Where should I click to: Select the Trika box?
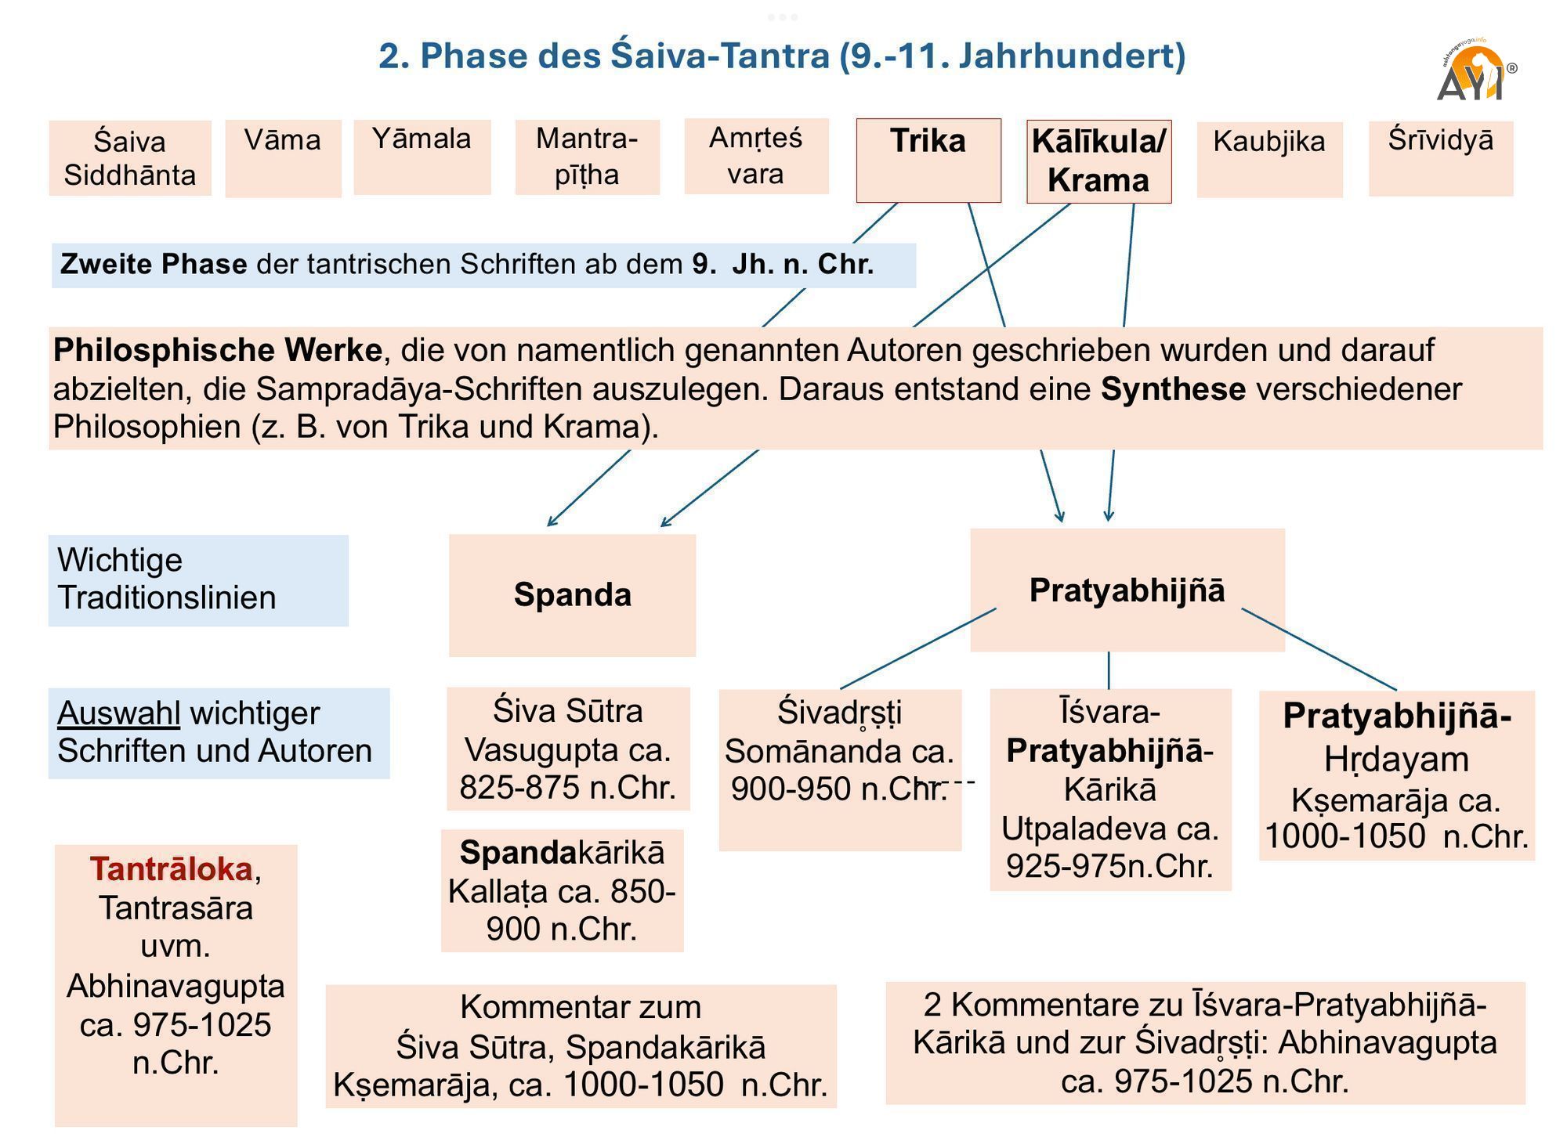click(x=928, y=161)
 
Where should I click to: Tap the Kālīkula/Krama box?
click(x=1098, y=161)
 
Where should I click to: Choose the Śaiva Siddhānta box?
click(x=130, y=158)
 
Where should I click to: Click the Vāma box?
click(x=283, y=158)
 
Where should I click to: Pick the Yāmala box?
click(x=422, y=157)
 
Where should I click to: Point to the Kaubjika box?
click(x=1269, y=159)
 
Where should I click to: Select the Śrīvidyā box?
click(x=1440, y=158)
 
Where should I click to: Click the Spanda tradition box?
click(x=572, y=595)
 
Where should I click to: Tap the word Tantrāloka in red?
click(x=171, y=869)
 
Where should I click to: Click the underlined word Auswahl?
click(x=118, y=713)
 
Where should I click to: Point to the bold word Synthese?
click(x=1173, y=389)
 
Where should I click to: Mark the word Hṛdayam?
click(x=1396, y=760)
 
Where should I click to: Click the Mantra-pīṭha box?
click(x=587, y=157)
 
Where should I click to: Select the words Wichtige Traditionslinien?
click(x=166, y=579)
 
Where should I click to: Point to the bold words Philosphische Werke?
click(x=217, y=350)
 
